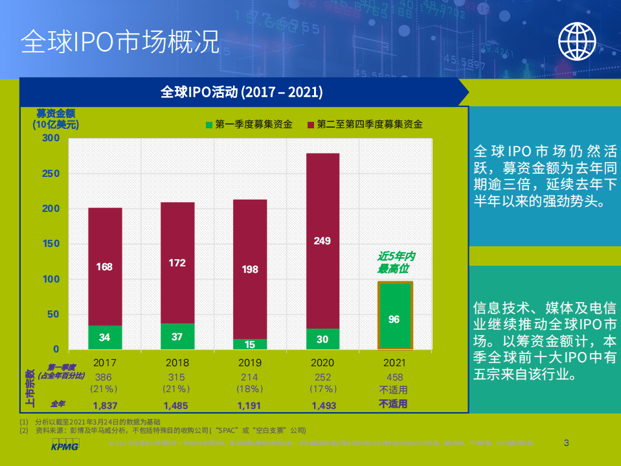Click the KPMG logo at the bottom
(64, 447)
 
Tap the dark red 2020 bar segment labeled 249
(322, 241)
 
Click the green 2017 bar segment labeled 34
(105, 338)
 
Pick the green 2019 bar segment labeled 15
(250, 344)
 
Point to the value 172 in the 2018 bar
(177, 263)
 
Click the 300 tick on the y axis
(51, 138)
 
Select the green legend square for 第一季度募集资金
(209, 124)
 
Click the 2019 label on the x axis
(250, 363)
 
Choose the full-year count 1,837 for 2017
(105, 405)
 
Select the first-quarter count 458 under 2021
(394, 377)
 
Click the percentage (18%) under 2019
(250, 390)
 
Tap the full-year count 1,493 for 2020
(322, 405)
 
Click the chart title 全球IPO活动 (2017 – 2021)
(242, 92)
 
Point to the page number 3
(567, 443)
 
